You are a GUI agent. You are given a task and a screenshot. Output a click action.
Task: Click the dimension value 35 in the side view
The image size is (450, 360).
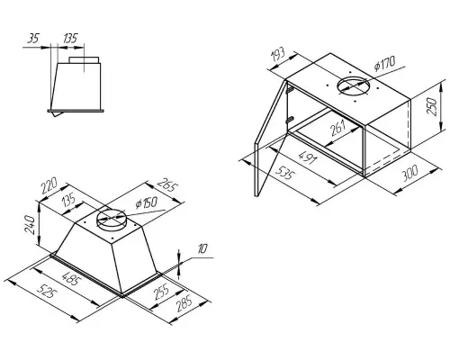34,39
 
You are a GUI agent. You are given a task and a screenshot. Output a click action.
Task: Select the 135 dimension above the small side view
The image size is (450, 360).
69,39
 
